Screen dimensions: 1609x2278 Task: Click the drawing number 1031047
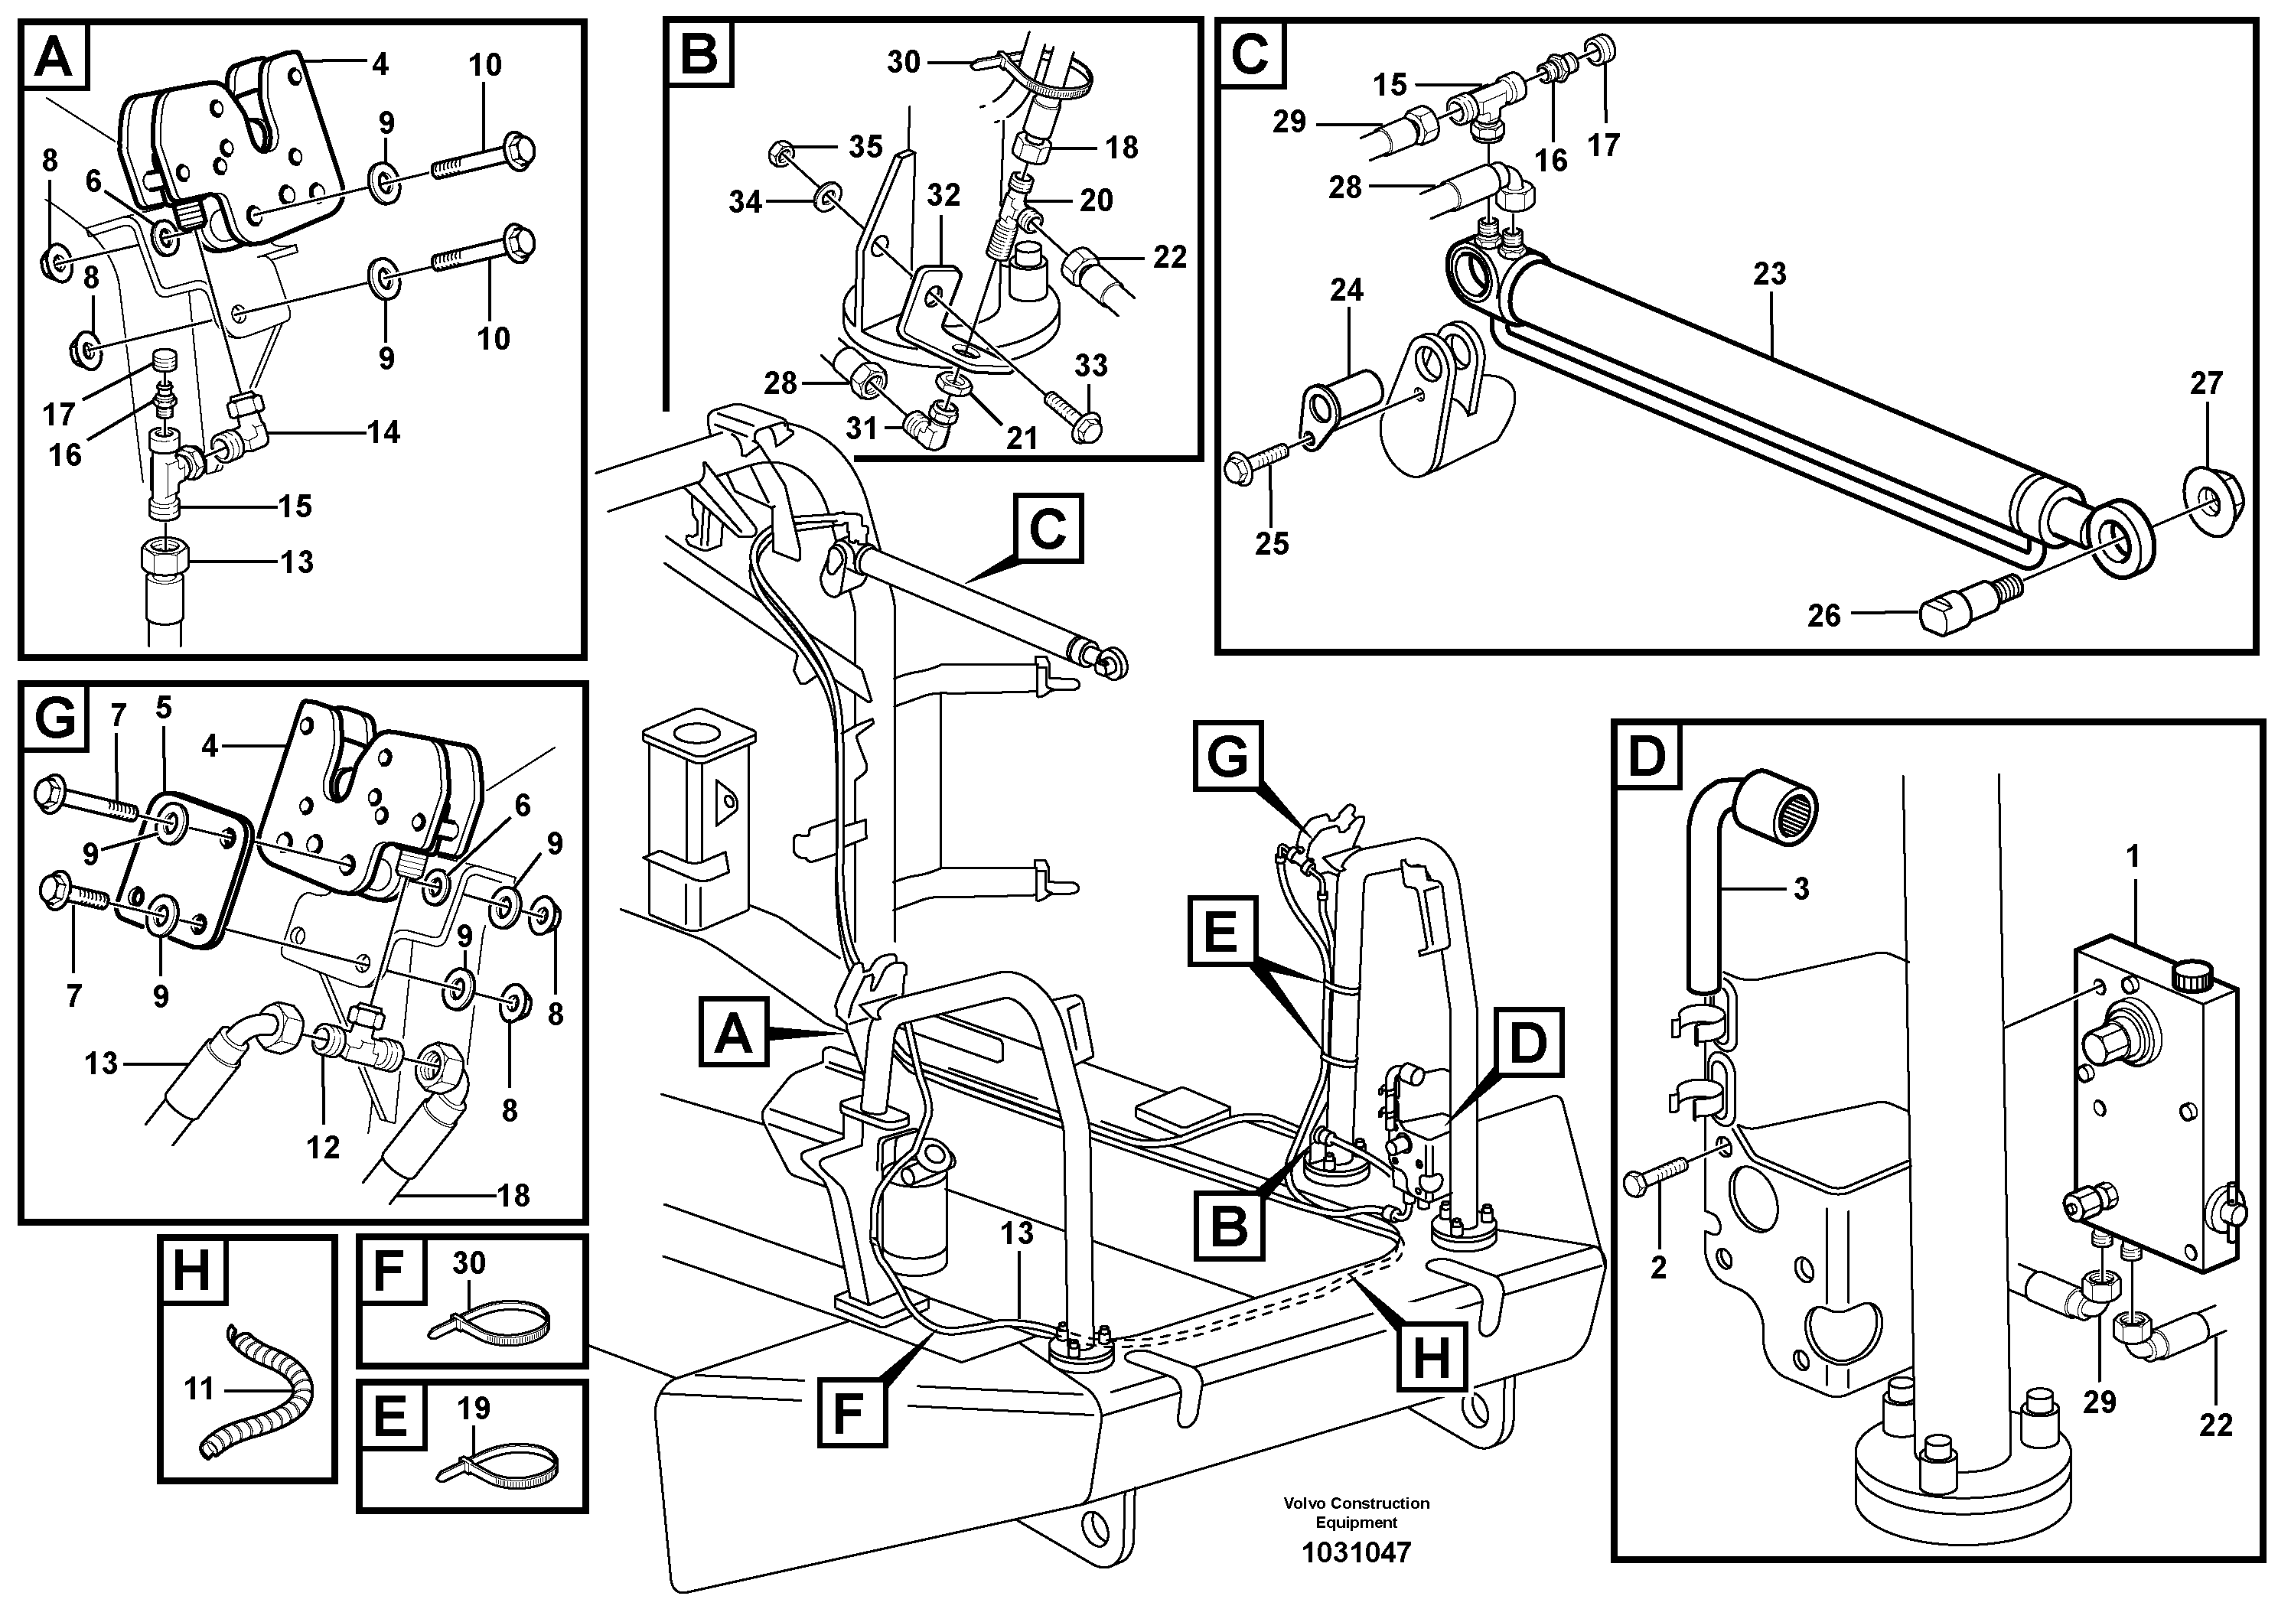[1355, 1552]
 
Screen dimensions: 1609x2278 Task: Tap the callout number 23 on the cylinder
[1769, 274]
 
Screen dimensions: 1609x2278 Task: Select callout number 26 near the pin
[1823, 616]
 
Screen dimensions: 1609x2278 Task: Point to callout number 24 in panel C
[1346, 291]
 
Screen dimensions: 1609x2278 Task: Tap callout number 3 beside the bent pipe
[1801, 889]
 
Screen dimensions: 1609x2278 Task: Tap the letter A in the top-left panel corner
[53, 57]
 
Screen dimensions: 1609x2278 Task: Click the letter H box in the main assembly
[1431, 1357]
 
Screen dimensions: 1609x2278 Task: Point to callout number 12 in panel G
[322, 1148]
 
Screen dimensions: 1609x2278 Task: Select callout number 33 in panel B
[1090, 366]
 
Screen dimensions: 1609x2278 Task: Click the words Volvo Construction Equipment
[1355, 1513]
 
